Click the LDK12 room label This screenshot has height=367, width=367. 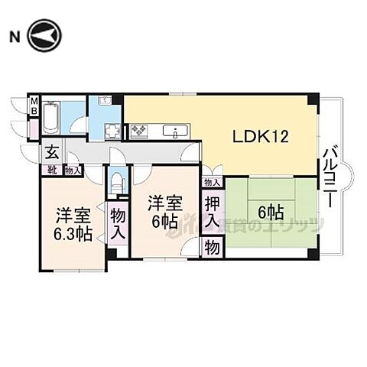(x=260, y=138)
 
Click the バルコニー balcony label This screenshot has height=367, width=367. (x=330, y=176)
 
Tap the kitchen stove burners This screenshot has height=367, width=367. (x=140, y=132)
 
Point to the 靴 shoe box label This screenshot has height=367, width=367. (x=52, y=171)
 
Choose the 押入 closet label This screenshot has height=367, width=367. (x=213, y=213)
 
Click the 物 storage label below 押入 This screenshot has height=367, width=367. (x=212, y=248)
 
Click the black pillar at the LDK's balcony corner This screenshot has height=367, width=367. (x=311, y=100)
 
